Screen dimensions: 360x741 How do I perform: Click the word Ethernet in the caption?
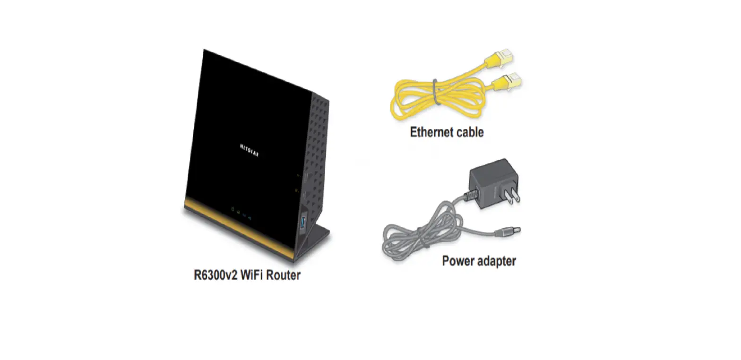pos(430,132)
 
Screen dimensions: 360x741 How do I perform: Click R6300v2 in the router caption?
pos(215,275)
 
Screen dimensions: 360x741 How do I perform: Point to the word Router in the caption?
pos(283,275)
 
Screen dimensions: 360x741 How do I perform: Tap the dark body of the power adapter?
pos(492,182)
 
